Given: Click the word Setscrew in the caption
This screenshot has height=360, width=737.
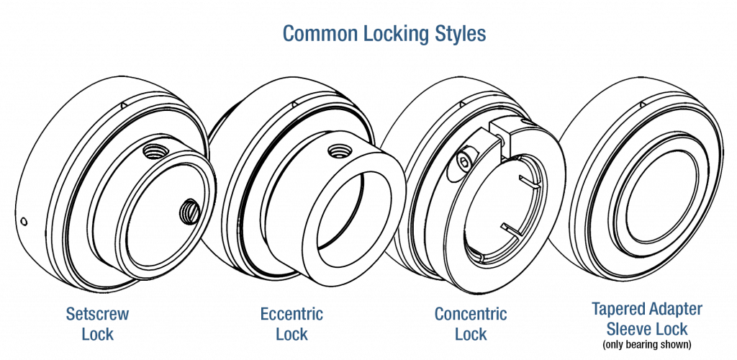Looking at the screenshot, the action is click(98, 315).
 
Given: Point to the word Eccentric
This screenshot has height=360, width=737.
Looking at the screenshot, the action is click(291, 315).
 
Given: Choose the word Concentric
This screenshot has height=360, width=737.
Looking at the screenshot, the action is click(471, 315).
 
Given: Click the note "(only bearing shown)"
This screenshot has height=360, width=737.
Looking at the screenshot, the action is click(646, 345).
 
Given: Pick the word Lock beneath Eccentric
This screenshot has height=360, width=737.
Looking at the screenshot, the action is click(291, 335).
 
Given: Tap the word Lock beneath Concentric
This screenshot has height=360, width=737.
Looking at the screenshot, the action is click(471, 335).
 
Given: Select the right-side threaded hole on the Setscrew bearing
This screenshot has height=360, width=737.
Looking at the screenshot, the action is click(189, 210).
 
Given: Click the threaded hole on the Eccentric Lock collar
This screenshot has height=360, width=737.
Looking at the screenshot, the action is click(336, 151).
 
